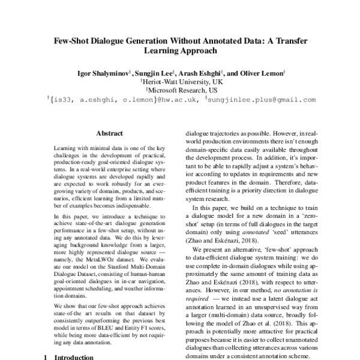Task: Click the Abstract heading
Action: [109, 135]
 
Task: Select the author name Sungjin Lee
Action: [157, 74]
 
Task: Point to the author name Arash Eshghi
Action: [204, 74]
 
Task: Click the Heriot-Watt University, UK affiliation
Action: [181, 82]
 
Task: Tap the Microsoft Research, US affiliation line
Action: [181, 91]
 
